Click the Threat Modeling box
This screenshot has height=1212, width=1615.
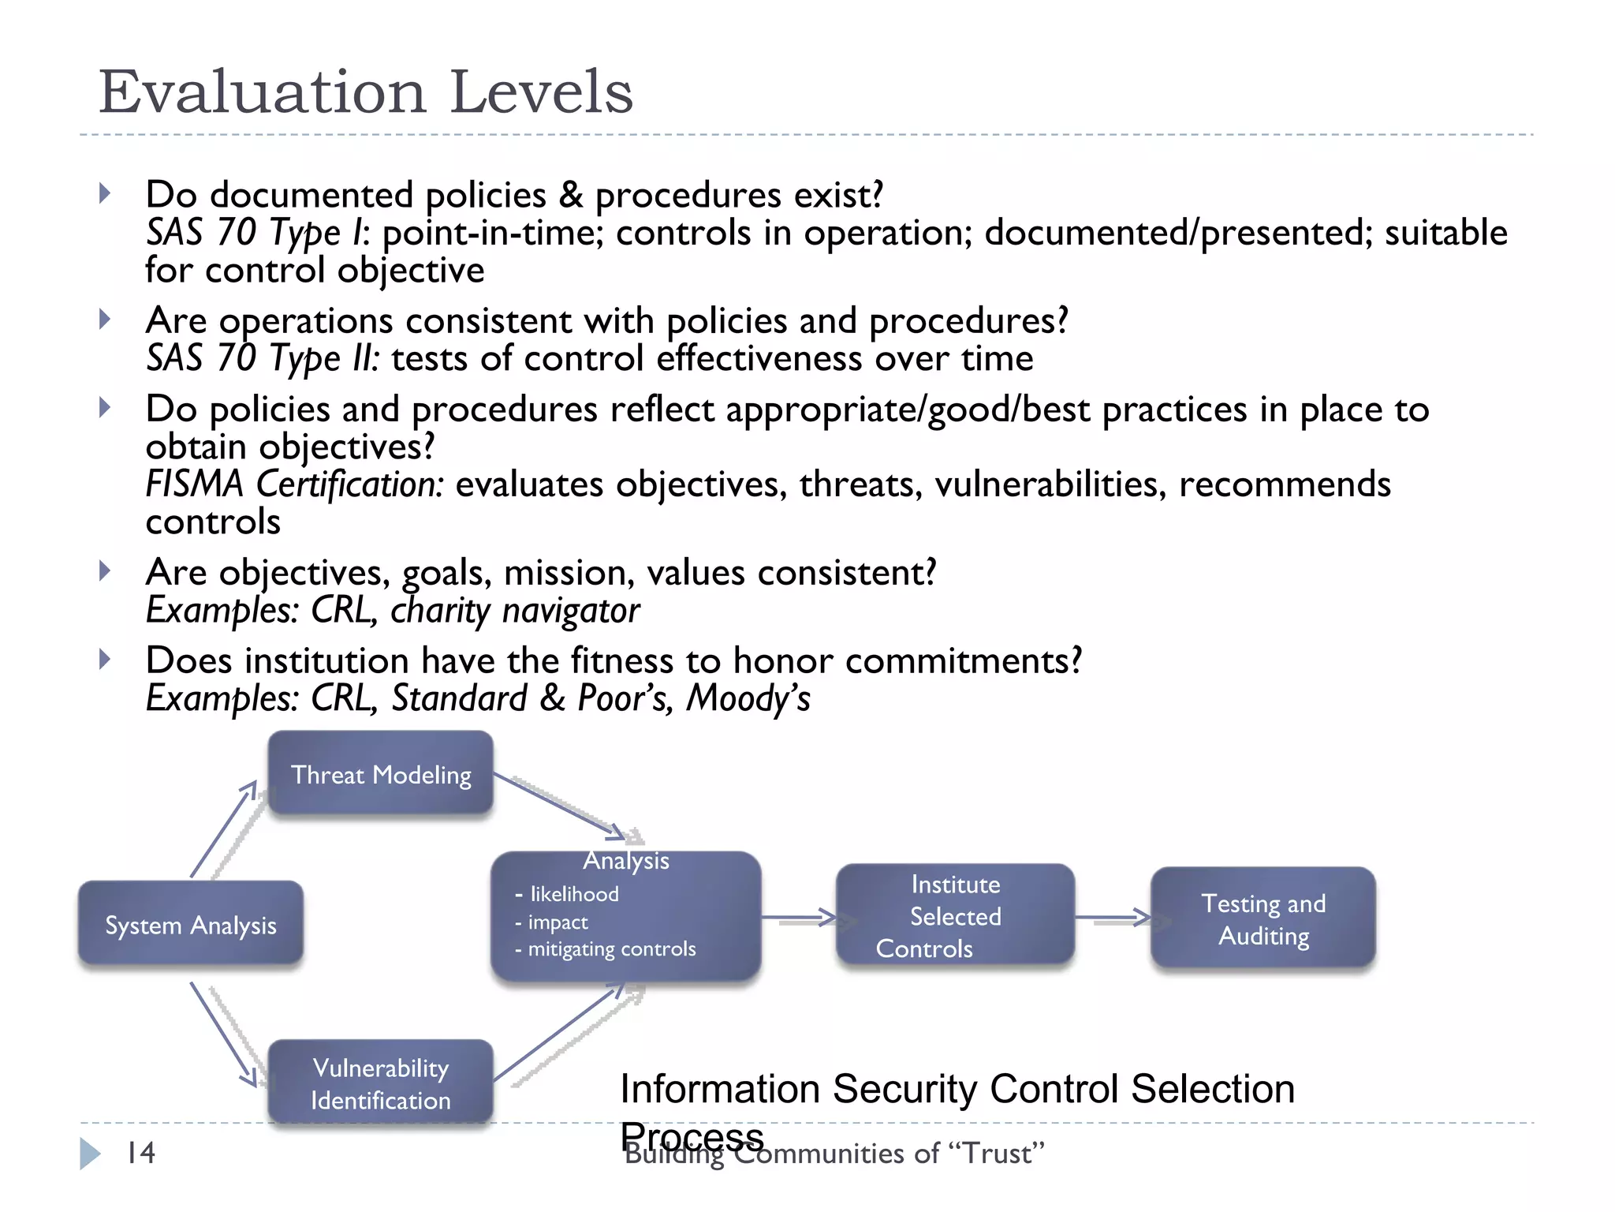pyautogui.click(x=381, y=774)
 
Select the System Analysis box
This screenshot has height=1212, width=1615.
pyautogui.click(x=190, y=924)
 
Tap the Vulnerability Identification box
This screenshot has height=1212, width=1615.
pyautogui.click(x=381, y=1083)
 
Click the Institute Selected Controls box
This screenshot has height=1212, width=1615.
pyautogui.click(x=955, y=915)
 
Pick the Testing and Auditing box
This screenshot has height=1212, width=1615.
pyautogui.click(x=1263, y=918)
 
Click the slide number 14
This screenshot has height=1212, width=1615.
pyautogui.click(x=141, y=1153)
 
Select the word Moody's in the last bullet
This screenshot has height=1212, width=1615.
pyautogui.click(x=748, y=698)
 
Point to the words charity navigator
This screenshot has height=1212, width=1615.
pyautogui.click(x=515, y=611)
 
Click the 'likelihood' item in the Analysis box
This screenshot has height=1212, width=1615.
pyautogui.click(x=574, y=894)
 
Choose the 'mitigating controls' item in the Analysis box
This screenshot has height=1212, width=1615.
pyautogui.click(x=611, y=948)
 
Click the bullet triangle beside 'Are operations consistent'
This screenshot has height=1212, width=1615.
pyautogui.click(x=105, y=320)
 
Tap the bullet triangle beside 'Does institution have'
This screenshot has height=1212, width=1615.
pyautogui.click(x=105, y=659)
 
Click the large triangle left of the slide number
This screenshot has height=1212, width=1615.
pyautogui.click(x=90, y=1154)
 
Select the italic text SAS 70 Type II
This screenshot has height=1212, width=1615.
pyautogui.click(x=262, y=358)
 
